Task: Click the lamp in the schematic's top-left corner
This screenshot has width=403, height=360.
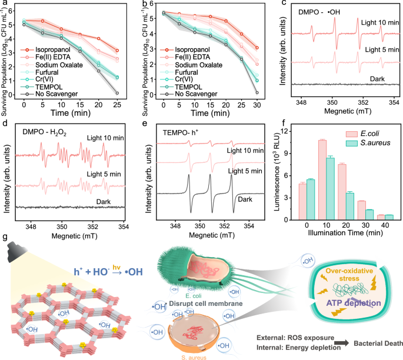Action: click(12, 254)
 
